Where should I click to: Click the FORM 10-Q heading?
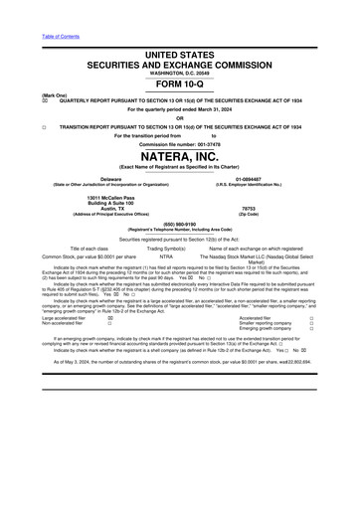180,84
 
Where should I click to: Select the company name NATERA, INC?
180,157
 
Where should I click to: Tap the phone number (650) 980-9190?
180,224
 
